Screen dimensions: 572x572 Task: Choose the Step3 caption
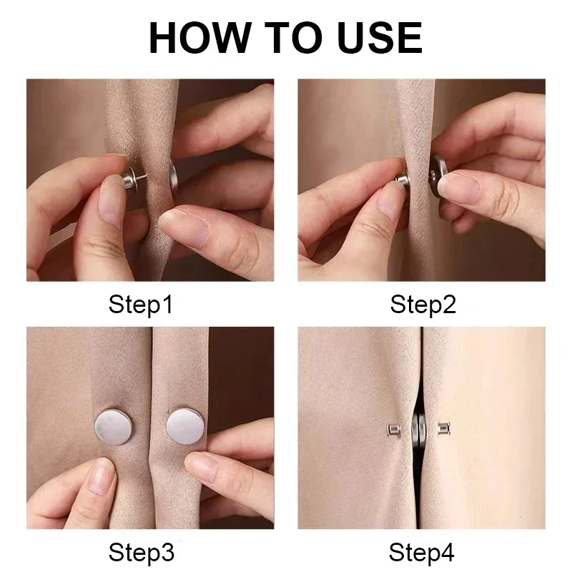tap(141, 553)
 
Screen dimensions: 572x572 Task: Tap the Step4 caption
tap(423, 553)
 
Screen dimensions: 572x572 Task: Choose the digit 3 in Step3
tap(167, 553)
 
